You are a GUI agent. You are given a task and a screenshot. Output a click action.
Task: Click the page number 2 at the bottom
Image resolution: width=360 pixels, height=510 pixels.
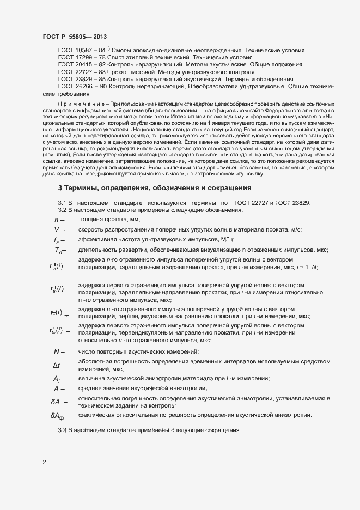(x=45, y=462)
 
